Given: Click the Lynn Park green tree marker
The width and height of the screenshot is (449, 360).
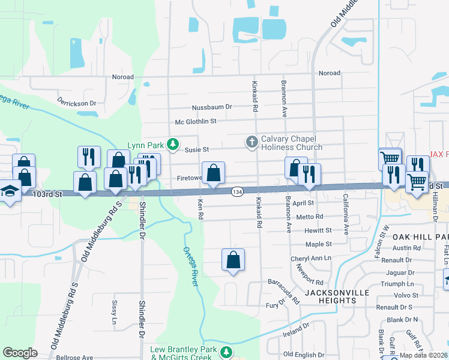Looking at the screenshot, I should [173, 144].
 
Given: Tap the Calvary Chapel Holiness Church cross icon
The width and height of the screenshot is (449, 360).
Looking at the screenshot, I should [252, 142].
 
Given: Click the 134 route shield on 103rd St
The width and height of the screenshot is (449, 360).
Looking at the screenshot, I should [237, 191].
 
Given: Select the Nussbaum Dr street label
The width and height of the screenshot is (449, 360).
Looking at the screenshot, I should [212, 107].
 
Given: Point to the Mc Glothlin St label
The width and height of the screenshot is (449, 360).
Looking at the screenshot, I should [195, 121].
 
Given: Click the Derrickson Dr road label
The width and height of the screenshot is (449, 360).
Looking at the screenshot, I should [77, 103].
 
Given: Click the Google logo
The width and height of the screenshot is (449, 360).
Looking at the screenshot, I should [20, 353].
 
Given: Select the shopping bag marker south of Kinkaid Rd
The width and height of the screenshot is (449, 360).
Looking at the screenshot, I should [233, 260].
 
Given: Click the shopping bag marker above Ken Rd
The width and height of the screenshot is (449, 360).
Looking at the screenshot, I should [213, 173].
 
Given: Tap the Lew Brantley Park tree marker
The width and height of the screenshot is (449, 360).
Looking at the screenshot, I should [226, 351].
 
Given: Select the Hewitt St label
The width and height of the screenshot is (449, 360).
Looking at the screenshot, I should [318, 230].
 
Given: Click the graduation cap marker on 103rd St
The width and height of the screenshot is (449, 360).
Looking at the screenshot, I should [8, 192].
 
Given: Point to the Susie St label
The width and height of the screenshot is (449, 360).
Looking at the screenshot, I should [196, 149].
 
